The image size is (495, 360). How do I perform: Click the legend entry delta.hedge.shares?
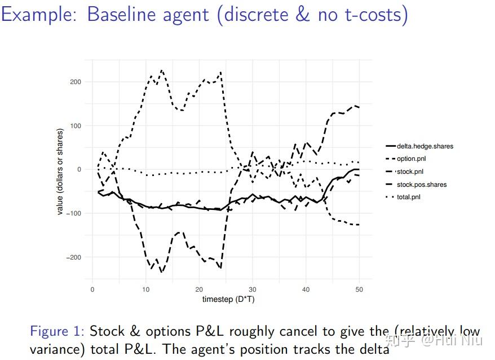tap(425, 146)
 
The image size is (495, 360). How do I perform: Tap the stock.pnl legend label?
tap(410, 172)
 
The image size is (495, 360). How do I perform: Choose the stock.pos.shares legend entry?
tap(421, 185)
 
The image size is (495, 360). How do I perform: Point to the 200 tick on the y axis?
tap(76, 82)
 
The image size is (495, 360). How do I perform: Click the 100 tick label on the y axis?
tap(76, 126)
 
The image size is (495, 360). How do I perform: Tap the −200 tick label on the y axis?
tap(74, 257)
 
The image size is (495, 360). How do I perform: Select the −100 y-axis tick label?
tap(74, 213)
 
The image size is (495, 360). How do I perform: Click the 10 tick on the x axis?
tap(145, 289)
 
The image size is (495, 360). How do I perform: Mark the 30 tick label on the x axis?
tap(253, 289)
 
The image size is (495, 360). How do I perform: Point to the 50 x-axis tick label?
tap(359, 289)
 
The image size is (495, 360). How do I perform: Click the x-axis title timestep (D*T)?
tap(228, 300)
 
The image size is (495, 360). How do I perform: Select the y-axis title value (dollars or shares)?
tap(60, 172)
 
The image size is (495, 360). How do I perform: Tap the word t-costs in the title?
tap(374, 14)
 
